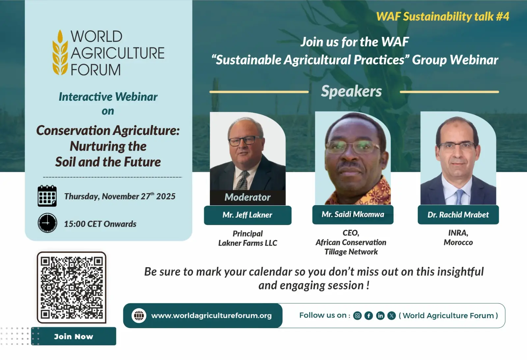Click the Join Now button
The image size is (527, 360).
pos(74,336)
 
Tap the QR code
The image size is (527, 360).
pos(71,287)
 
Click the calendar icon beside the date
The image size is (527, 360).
pos(47,196)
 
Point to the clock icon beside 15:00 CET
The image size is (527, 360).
pos(47,223)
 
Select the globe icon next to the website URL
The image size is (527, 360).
pos(139,316)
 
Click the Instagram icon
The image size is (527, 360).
pos(357,316)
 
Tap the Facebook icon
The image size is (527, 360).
pos(369,316)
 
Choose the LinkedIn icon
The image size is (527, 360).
pos(380,316)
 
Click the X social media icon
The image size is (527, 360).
pos(392,316)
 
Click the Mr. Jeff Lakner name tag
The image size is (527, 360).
pos(247,215)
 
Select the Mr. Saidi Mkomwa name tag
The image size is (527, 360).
pos(353,215)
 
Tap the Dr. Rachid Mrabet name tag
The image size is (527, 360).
pos(458,215)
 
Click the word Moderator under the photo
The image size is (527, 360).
pos(247,197)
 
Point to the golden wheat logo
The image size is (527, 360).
pos(60,52)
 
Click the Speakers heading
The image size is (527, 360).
pos(351,91)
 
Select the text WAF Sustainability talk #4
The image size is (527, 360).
pos(443,16)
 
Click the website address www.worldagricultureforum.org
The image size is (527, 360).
pos(211,316)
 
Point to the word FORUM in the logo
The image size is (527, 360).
pos(96,70)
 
